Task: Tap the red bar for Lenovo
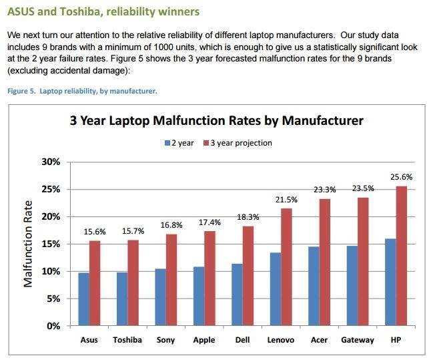[x=286, y=267]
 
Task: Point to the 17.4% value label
[x=209, y=222]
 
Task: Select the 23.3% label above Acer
[x=324, y=190]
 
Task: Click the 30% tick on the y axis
[x=51, y=162]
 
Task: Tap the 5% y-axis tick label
[x=53, y=299]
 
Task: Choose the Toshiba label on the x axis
[x=127, y=340]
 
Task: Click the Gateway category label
[x=357, y=340]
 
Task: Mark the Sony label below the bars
[x=165, y=340]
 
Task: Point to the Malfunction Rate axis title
[x=29, y=244]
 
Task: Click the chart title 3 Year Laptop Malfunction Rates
[x=217, y=121]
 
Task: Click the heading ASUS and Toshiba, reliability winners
[x=103, y=12]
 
